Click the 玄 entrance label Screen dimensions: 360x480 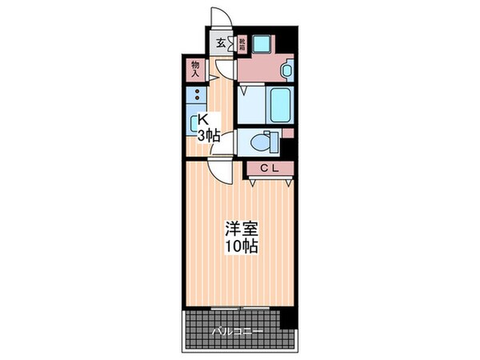(x=220, y=44)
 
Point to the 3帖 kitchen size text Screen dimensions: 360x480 (x=209, y=136)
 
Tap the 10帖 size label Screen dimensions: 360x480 (x=240, y=246)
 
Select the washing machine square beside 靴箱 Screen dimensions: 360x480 (x=262, y=46)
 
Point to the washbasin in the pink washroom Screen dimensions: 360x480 (x=286, y=70)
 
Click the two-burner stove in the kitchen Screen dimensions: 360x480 (x=194, y=97)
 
